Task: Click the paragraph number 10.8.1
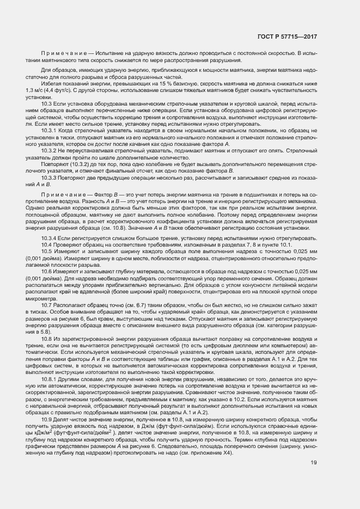tap(50, 378)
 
